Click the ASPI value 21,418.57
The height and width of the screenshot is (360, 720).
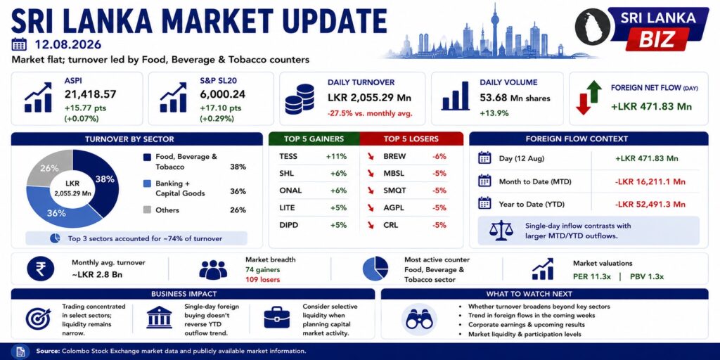point(91,95)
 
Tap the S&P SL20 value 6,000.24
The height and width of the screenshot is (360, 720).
point(223,95)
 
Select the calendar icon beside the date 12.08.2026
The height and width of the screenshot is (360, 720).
point(19,44)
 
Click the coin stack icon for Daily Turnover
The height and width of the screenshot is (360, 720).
point(300,99)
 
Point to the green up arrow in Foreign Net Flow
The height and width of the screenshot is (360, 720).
point(593,91)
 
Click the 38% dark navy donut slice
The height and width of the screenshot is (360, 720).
point(103,181)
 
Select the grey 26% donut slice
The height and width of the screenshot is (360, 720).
point(49,167)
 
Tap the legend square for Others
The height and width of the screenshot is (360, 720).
point(147,210)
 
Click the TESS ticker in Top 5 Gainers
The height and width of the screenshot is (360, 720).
point(288,157)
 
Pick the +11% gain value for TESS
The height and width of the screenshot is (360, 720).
point(336,157)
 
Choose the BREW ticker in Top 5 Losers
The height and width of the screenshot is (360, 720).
point(394,157)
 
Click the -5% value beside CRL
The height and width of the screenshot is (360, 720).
point(439,226)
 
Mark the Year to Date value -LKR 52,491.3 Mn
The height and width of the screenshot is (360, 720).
point(650,205)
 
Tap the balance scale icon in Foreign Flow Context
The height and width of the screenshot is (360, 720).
point(501,231)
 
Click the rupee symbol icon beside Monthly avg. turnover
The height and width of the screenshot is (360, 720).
point(40,269)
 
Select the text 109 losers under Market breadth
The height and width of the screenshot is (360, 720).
point(263,280)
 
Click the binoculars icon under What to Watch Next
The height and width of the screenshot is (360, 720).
point(419,319)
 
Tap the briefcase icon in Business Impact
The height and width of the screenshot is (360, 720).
point(277,317)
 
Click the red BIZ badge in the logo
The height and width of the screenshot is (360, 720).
point(657,39)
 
